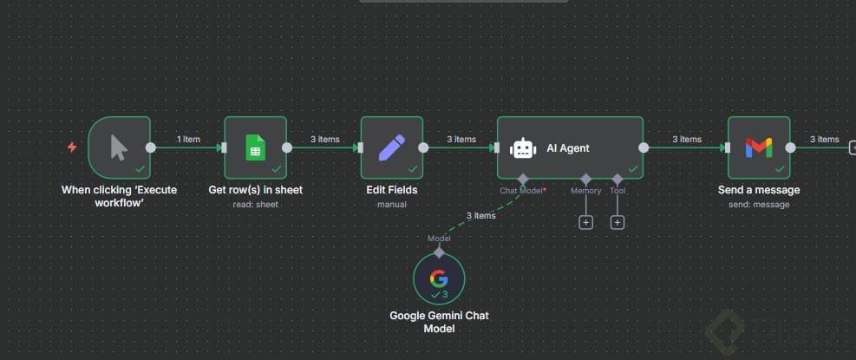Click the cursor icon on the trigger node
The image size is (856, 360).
pos(120,148)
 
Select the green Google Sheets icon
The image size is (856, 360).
pos(255,147)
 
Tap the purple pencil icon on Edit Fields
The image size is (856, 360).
pos(391,147)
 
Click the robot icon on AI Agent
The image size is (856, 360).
pos(523,148)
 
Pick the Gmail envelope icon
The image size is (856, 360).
pos(758,147)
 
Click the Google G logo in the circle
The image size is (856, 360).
pos(439,278)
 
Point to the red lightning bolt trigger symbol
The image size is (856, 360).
pos(72,147)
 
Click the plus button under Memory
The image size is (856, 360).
pos(585,222)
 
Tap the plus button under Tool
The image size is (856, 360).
pos(617,222)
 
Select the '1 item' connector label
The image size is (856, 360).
pos(188,139)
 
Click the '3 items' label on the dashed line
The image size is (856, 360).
pos(480,215)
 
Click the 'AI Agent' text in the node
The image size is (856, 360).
pos(568,148)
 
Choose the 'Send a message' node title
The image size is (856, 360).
pos(759,190)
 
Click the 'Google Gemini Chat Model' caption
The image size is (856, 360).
pos(439,322)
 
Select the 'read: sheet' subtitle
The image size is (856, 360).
pos(255,205)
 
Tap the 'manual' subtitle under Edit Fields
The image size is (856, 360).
pos(391,205)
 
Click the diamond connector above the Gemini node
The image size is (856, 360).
pos(439,252)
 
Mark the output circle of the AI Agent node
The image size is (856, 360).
pos(644,147)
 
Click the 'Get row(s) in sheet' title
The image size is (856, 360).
pos(255,190)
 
